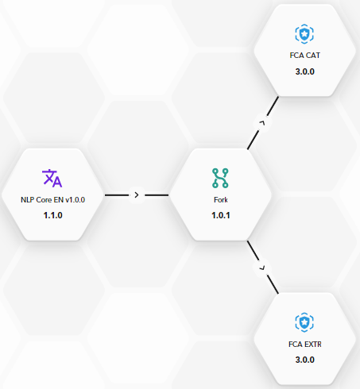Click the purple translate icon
[x=52, y=179]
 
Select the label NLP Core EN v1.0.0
[x=52, y=200]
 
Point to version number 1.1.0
[x=52, y=215]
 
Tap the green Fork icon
[x=220, y=178]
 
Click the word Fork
[x=221, y=200]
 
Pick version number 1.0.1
[x=221, y=215]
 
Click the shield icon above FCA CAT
[x=304, y=34]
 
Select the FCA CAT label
[x=304, y=56]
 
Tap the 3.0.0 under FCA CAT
[x=305, y=71]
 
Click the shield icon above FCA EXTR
[x=304, y=322]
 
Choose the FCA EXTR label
[x=305, y=345]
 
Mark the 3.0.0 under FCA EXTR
[x=305, y=360]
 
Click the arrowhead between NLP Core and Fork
[x=137, y=195]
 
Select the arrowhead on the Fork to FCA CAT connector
[x=262, y=122]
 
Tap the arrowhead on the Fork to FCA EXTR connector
[x=262, y=268]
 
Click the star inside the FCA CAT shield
[x=304, y=34]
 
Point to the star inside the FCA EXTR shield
[x=304, y=322]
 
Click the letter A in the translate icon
[x=57, y=182]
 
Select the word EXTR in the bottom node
[x=313, y=345]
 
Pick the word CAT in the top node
[x=312, y=56]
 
